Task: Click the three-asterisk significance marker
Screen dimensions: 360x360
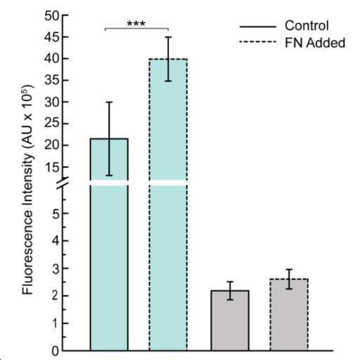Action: point(136,23)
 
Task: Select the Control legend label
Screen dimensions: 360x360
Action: point(307,25)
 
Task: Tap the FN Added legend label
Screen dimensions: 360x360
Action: point(315,43)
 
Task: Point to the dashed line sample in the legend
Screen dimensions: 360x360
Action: point(257,42)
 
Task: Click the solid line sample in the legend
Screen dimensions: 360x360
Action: point(257,27)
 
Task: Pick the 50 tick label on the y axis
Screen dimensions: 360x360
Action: point(51,16)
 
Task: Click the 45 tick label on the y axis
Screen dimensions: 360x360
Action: point(51,37)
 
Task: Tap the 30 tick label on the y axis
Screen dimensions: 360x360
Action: point(51,102)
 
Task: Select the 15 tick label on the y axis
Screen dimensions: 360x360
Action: point(51,167)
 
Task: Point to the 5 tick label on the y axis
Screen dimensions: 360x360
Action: point(56,214)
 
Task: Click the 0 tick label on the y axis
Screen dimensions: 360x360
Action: point(56,351)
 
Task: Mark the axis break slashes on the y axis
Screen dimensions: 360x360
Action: point(63,183)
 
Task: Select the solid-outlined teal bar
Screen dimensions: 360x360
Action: point(109,245)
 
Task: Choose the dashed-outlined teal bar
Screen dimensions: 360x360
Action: point(168,205)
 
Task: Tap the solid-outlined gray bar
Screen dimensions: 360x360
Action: point(230,321)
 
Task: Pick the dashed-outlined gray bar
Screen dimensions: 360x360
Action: point(289,315)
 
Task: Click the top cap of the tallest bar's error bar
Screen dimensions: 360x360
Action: point(168,37)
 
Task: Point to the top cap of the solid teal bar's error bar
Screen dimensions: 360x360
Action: point(109,102)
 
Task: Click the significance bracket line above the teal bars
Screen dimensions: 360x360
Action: point(136,29)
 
